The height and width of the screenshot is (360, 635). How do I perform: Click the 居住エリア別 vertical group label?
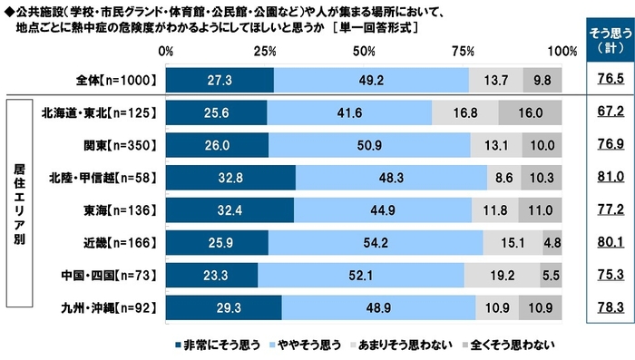tap(17, 210)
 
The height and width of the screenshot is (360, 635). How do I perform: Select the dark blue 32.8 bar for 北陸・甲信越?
tap(230, 178)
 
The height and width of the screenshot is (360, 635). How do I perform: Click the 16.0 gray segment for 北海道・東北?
tap(530, 112)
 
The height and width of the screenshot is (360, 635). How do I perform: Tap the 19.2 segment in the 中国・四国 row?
tap(502, 276)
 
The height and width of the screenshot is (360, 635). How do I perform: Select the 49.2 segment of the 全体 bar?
tap(371, 80)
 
